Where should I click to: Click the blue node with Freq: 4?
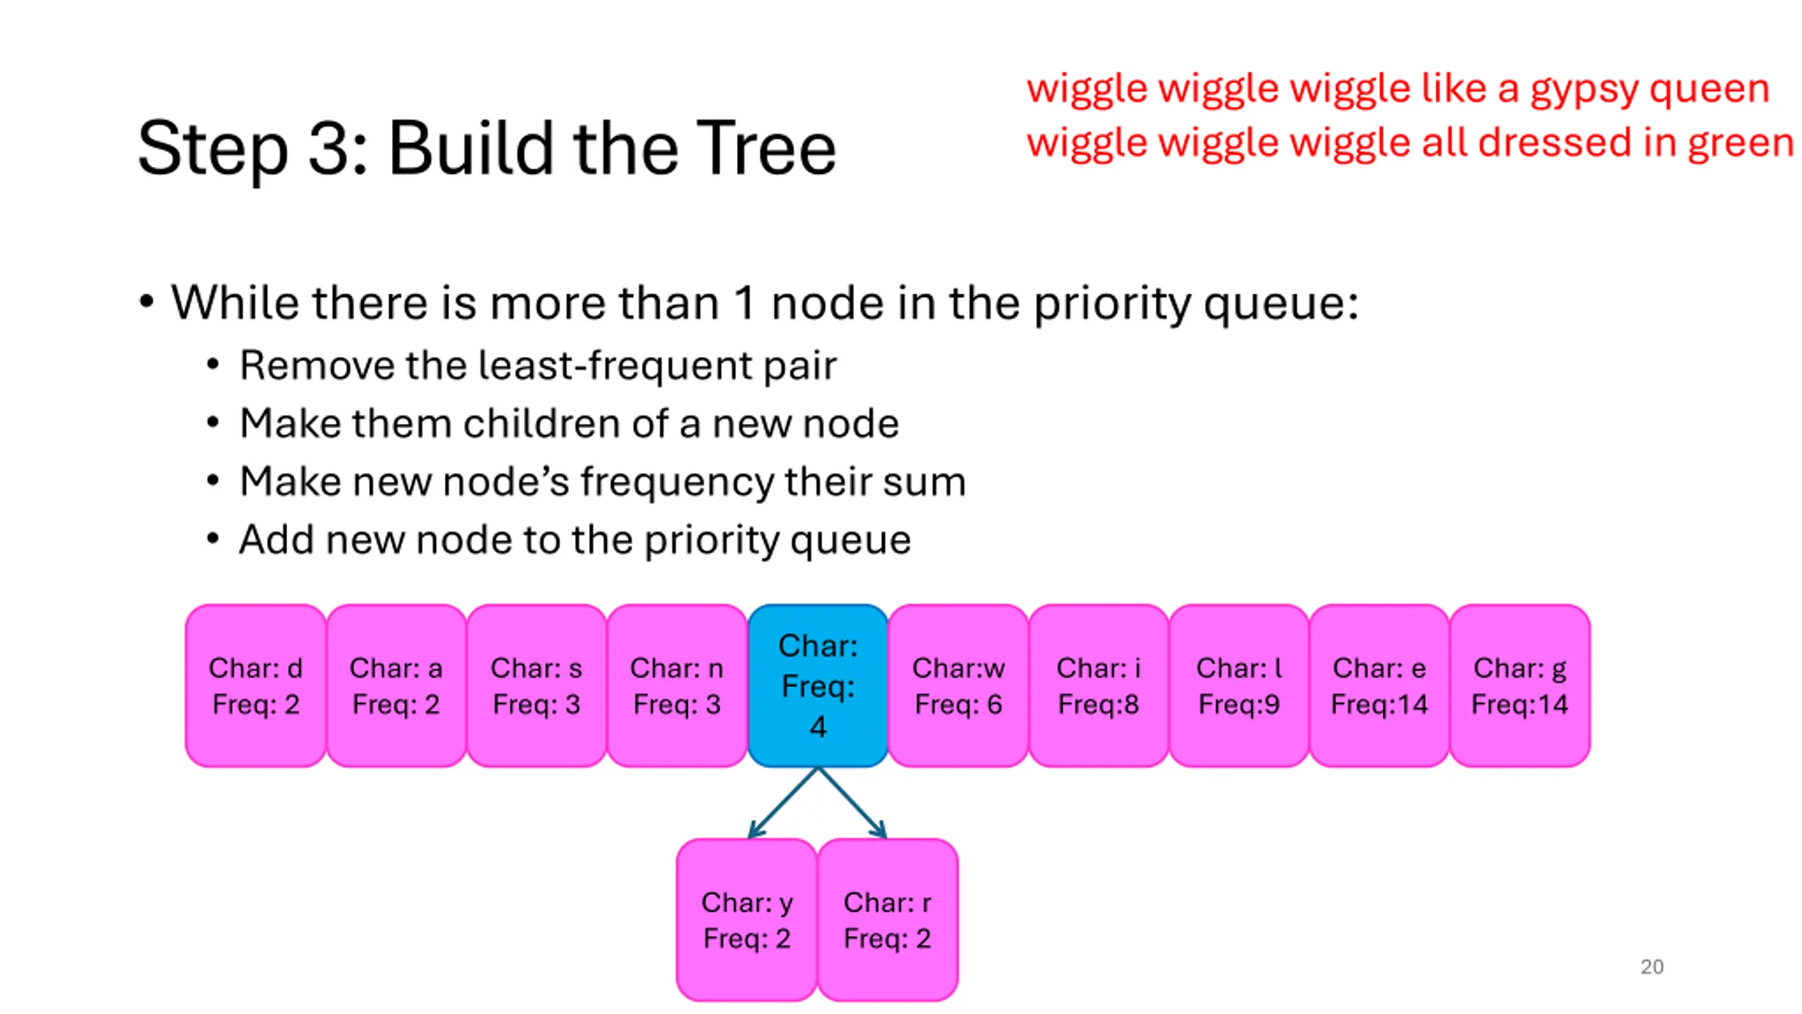point(817,685)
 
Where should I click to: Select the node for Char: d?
point(256,685)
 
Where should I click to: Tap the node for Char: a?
point(396,685)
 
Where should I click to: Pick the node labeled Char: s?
point(536,685)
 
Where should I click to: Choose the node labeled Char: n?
point(676,685)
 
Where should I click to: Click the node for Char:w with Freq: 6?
point(958,685)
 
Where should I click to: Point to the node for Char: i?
point(1098,685)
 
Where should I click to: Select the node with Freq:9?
point(1239,685)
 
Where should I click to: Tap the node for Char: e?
point(1379,685)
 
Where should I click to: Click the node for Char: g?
point(1520,685)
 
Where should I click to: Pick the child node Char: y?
point(747,919)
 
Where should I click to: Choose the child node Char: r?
point(888,919)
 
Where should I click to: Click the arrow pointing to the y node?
point(783,802)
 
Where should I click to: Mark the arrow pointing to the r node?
point(852,802)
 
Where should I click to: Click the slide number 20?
point(1651,967)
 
